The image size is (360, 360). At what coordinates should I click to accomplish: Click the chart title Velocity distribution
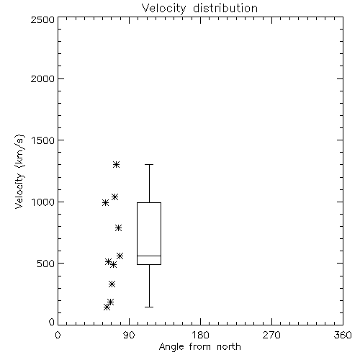point(199,9)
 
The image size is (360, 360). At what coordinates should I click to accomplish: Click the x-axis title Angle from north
point(200,347)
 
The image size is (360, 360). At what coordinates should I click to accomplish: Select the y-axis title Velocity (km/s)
point(19,171)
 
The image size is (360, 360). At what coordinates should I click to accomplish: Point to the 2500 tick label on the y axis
point(42,19)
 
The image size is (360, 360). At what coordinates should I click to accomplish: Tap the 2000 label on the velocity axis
point(42,79)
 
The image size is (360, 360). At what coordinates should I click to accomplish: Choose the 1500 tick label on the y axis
point(43,140)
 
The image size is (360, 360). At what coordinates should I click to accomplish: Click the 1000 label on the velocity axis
point(43,202)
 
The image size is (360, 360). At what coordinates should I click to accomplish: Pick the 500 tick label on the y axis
point(46,264)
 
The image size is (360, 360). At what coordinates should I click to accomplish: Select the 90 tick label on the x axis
point(129,335)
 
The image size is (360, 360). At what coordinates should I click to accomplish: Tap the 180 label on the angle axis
point(200,335)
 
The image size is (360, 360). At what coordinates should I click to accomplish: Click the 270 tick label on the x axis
point(271,335)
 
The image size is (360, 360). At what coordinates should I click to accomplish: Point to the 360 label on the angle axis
point(343,335)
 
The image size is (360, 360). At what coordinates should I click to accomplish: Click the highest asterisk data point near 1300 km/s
point(117,165)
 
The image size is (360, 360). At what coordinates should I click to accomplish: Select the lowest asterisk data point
point(107,307)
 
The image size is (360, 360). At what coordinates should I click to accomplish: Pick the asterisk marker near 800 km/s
point(118,228)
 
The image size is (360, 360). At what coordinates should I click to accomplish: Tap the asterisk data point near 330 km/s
point(112,284)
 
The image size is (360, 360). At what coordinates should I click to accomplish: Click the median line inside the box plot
point(149,256)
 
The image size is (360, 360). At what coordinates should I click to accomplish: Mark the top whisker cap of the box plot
point(149,165)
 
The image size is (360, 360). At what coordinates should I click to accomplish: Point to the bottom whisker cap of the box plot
point(149,307)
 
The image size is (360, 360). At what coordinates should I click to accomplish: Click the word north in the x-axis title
point(229,347)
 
